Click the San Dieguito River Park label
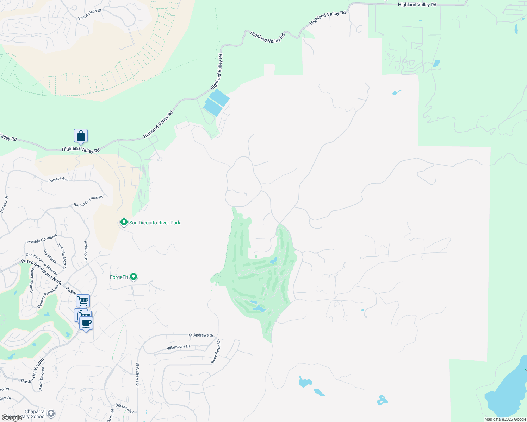[x=155, y=223]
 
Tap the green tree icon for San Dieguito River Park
[x=124, y=222]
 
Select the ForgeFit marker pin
[x=134, y=277]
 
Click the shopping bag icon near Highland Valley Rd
[x=81, y=136]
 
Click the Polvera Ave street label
[x=58, y=179]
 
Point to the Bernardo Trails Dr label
[x=88, y=201]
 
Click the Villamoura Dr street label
[x=178, y=347]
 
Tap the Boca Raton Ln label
[x=216, y=352]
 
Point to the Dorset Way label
[x=125, y=408]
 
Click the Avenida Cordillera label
[x=42, y=239]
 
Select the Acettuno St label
[x=86, y=250]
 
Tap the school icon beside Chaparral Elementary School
[x=51, y=414]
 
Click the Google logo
[x=12, y=418]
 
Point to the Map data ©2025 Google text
[x=505, y=419]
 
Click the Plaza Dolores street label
[x=42, y=379]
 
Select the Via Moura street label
[x=50, y=257]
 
